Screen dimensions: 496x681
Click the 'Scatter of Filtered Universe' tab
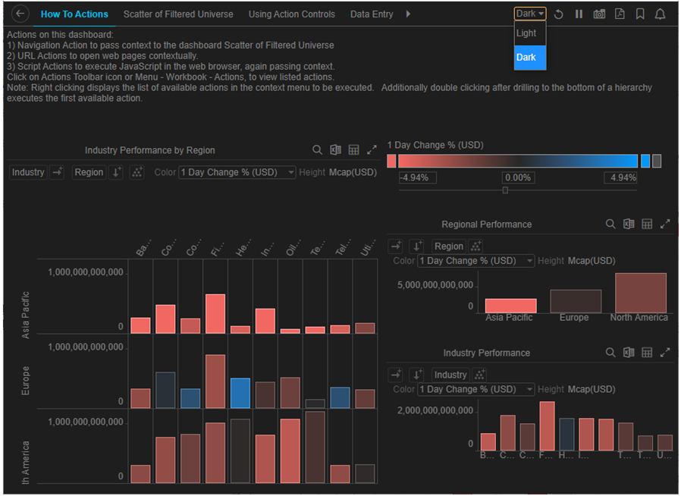(178, 14)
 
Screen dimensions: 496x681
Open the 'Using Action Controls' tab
(291, 14)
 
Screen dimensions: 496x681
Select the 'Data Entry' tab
(371, 14)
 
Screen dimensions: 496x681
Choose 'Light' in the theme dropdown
(526, 33)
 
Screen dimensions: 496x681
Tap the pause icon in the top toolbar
(579, 14)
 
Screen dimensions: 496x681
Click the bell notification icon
(660, 14)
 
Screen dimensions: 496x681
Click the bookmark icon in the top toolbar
(640, 14)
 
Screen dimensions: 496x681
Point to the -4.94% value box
(418, 177)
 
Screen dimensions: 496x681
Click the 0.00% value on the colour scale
(518, 177)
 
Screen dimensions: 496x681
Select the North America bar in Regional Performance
(640, 293)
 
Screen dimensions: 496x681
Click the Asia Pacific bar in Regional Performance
(510, 306)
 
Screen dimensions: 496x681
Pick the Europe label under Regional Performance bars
(574, 318)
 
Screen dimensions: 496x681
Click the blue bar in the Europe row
(240, 393)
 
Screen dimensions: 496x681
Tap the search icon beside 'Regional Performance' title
(610, 224)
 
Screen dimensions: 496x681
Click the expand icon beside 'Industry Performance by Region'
(372, 150)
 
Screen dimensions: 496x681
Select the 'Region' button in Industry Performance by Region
(89, 172)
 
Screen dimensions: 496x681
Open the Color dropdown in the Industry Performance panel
(476, 389)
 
